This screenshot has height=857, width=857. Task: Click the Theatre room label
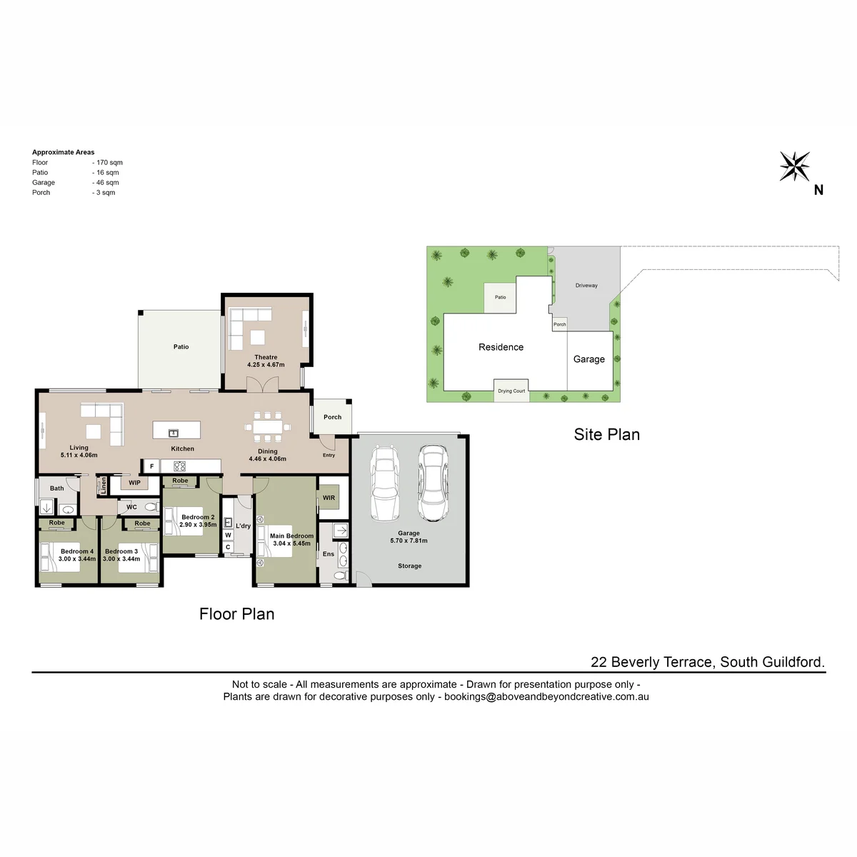pos(266,357)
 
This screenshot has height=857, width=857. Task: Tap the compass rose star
pos(795,166)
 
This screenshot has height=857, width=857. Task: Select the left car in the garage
pos(385,483)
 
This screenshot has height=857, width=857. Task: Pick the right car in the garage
pos(433,483)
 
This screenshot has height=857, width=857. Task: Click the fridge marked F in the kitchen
pos(151,466)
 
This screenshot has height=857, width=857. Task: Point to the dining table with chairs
pos(267,427)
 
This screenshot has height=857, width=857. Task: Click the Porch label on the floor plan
pos(333,417)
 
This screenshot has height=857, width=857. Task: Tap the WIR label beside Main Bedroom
pos(329,498)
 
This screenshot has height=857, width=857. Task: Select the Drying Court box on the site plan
pos(511,391)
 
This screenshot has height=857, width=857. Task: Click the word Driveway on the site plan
pos(586,286)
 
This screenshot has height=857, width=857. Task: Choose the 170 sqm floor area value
pos(109,162)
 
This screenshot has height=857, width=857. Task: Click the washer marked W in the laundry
pos(228,535)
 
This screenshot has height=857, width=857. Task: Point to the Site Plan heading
pos(606,434)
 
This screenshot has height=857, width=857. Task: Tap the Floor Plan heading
pos(236,613)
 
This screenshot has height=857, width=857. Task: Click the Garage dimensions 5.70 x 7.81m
pos(409,541)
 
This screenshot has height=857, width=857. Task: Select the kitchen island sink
pos(174,433)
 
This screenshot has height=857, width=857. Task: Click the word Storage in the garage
pos(410,566)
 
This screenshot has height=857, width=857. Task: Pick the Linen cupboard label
pos(104,485)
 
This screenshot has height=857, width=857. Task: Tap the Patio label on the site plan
pos(501,297)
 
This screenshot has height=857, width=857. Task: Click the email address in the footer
pos(546,696)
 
